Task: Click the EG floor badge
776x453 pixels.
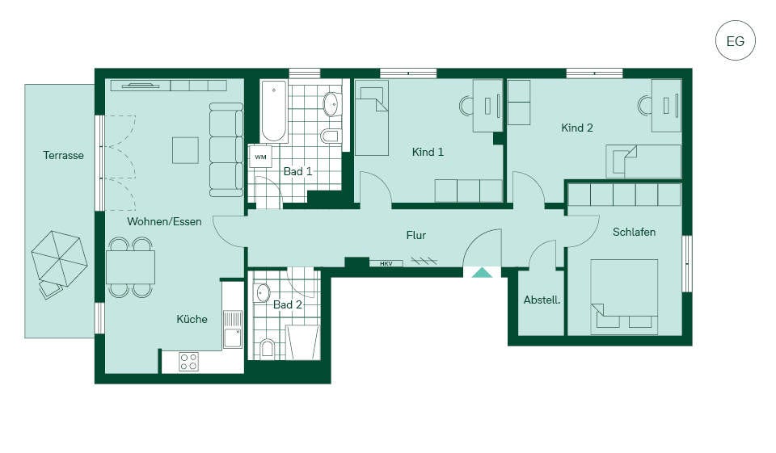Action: [x=735, y=40]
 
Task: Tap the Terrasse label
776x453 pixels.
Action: [x=63, y=155]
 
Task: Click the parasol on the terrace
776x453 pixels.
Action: [x=59, y=258]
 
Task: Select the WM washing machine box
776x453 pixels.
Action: [x=260, y=157]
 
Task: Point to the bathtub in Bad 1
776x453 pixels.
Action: [x=274, y=111]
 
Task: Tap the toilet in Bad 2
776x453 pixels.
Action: [x=268, y=348]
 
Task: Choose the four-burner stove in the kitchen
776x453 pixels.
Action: [x=188, y=361]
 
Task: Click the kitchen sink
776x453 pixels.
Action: [x=232, y=329]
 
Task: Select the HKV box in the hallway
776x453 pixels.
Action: [x=386, y=263]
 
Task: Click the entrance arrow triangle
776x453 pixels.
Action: [x=482, y=272]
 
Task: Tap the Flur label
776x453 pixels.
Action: [x=415, y=236]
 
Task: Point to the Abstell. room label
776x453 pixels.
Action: [x=542, y=300]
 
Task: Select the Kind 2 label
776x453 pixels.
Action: [x=577, y=128]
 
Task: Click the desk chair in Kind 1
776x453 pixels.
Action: [x=466, y=106]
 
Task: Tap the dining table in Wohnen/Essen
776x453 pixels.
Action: [x=131, y=267]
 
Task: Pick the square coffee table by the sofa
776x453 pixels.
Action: [x=186, y=150]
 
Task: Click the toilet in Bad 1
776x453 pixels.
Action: [x=330, y=136]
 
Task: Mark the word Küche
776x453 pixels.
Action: [x=192, y=319]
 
